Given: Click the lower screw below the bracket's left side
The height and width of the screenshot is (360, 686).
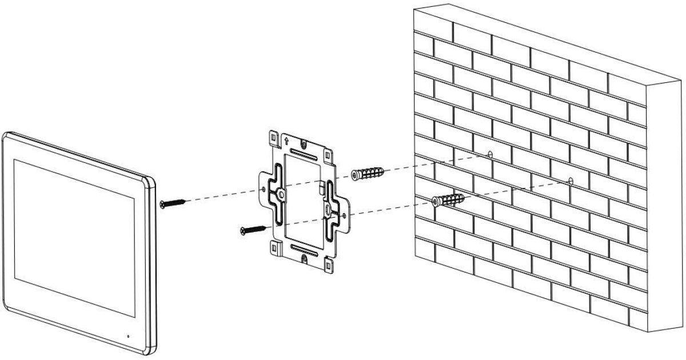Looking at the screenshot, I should click(x=253, y=229).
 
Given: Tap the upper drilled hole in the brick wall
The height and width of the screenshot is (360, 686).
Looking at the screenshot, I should click(x=490, y=154).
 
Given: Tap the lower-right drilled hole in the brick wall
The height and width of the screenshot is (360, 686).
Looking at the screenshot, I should click(x=570, y=181).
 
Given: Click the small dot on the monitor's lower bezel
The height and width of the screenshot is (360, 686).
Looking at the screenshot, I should click(x=127, y=335).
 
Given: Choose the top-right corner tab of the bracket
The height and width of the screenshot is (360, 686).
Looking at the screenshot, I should click(x=326, y=155).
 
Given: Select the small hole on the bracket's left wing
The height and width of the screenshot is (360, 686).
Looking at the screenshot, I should click(x=263, y=187).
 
